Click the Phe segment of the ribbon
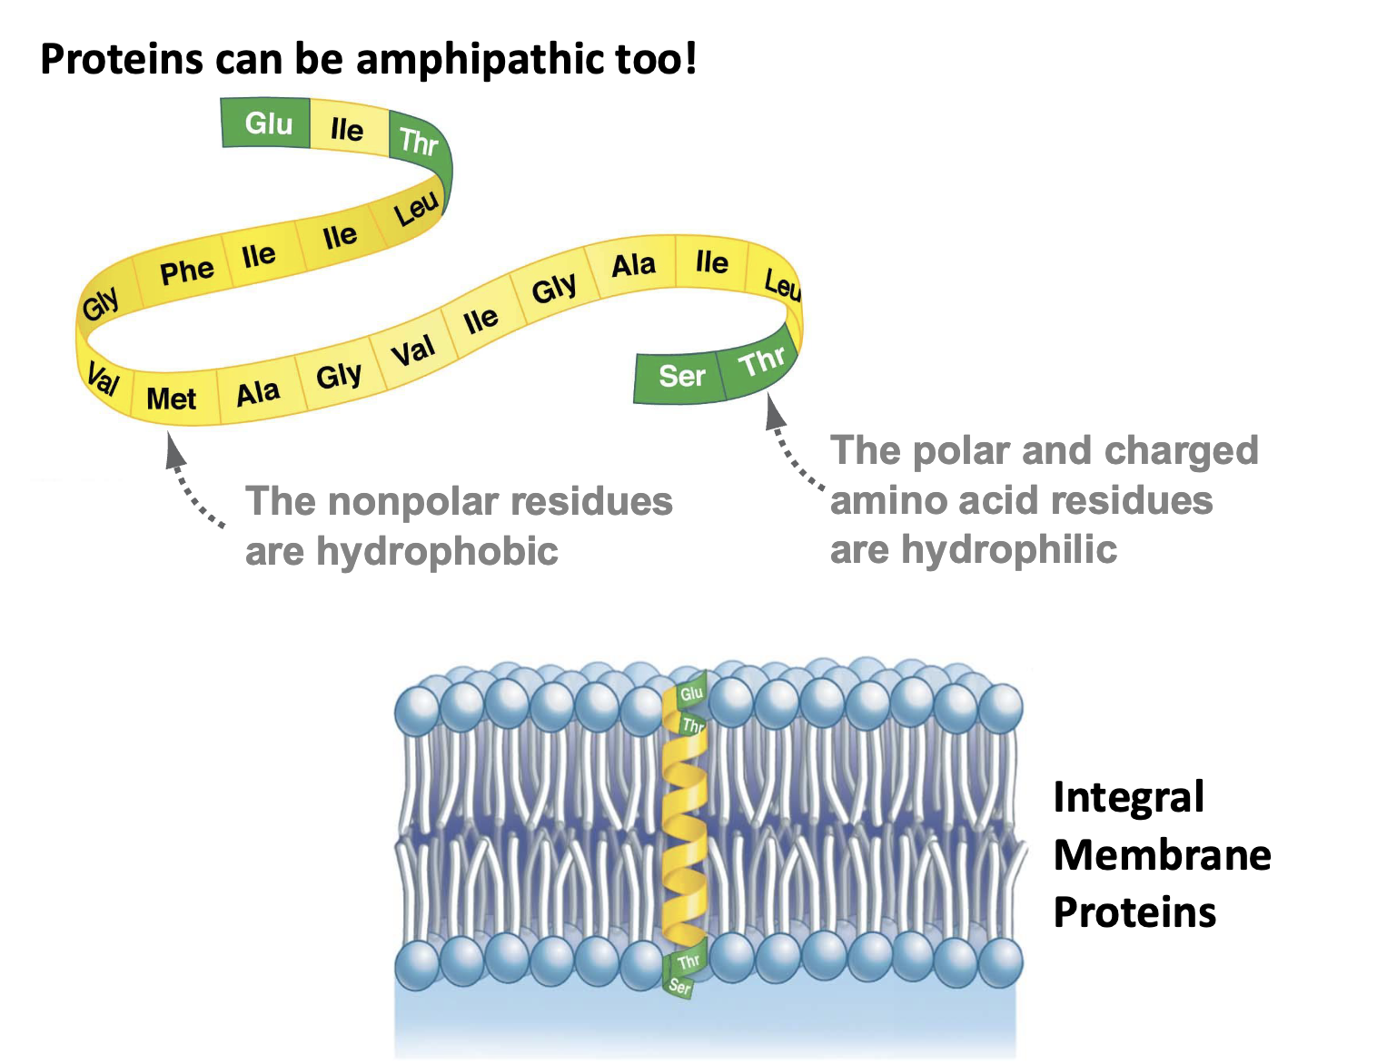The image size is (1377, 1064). click(x=186, y=271)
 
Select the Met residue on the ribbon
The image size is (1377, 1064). click(x=172, y=399)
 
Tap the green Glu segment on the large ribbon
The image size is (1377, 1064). click(x=268, y=123)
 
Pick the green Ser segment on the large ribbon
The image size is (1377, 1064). click(x=681, y=376)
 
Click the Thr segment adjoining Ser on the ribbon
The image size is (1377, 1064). click(x=761, y=362)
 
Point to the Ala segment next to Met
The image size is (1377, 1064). click(x=258, y=393)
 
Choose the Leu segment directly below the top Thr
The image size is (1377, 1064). click(x=416, y=211)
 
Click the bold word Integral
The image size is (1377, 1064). click(x=1128, y=798)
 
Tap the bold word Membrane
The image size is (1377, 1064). click(x=1162, y=855)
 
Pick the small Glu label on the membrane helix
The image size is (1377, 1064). click(x=692, y=694)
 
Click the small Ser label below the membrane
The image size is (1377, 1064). click(x=679, y=986)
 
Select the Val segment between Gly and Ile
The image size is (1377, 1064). click(x=412, y=350)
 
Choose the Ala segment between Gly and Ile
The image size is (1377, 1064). click(x=633, y=265)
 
